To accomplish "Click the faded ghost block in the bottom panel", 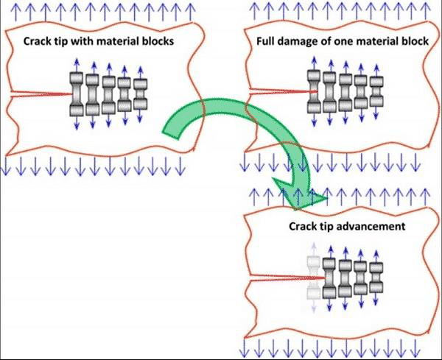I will [x=315, y=278].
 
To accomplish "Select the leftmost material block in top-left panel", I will [x=77, y=94].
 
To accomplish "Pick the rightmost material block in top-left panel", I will [x=140, y=94].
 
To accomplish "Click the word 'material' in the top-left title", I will [x=121, y=42].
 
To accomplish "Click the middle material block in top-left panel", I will [x=108, y=94].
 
